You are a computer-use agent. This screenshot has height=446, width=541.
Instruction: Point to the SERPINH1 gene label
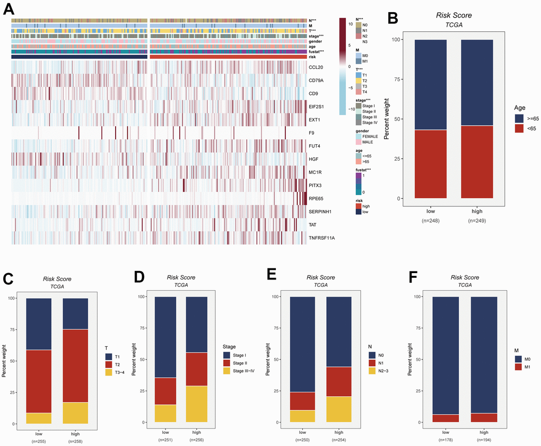(x=321, y=212)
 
